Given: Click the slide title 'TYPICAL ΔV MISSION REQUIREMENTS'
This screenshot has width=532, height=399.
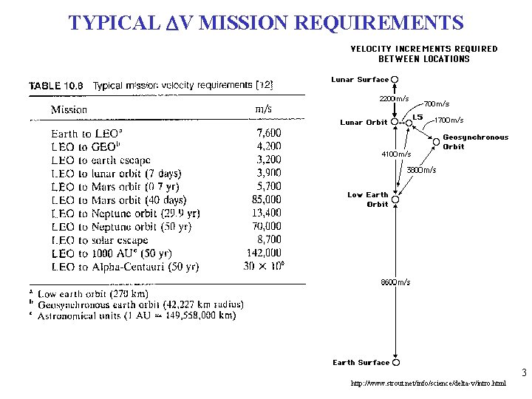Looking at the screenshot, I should click(x=266, y=22).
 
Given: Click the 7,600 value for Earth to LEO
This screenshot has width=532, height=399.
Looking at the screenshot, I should click(x=268, y=134).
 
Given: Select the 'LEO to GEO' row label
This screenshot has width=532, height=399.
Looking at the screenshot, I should click(x=83, y=147).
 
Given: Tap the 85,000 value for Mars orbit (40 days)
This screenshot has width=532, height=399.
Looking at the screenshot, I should click(x=266, y=200).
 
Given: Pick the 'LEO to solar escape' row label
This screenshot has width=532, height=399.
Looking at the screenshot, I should click(x=100, y=240).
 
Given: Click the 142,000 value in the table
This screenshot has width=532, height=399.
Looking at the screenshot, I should click(x=264, y=253).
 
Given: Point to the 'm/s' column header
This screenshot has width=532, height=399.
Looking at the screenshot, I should click(x=262, y=109).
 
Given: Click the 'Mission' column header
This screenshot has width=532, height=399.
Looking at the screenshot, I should click(x=69, y=109).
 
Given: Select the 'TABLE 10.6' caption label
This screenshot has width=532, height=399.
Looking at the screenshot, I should click(x=56, y=86).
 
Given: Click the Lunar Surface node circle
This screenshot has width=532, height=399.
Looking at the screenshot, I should click(x=395, y=80).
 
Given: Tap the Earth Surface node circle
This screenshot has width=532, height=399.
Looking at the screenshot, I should click(x=396, y=363).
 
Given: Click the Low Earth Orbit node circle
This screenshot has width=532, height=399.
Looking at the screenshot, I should click(x=396, y=199).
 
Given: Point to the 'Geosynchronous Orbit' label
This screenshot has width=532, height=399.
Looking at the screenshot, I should click(x=475, y=142).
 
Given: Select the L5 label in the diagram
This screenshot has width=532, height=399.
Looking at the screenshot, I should click(x=417, y=117).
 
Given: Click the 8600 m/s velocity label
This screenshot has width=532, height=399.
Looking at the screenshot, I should click(x=395, y=282).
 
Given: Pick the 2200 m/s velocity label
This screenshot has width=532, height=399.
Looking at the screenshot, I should click(x=393, y=98).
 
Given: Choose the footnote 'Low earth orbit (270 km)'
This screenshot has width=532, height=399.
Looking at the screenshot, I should click(x=98, y=294).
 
